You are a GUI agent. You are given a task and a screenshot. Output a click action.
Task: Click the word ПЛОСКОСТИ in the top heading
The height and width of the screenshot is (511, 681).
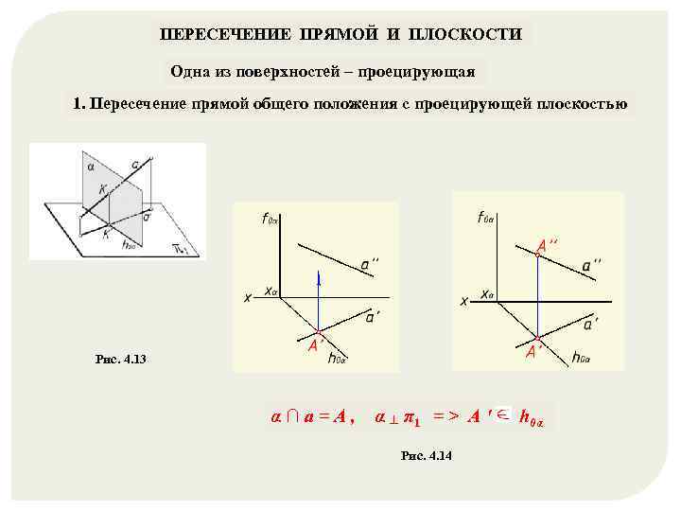point(465,34)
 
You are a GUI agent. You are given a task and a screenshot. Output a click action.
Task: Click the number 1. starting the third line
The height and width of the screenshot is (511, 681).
point(79,104)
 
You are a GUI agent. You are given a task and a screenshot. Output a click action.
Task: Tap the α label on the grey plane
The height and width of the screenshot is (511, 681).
point(91,166)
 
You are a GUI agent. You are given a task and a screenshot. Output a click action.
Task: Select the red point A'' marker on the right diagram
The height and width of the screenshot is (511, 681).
point(536,254)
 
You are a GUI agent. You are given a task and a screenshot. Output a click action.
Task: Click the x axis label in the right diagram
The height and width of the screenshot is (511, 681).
point(464,302)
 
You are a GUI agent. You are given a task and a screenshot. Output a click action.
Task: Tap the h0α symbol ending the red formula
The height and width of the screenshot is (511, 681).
point(532,418)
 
